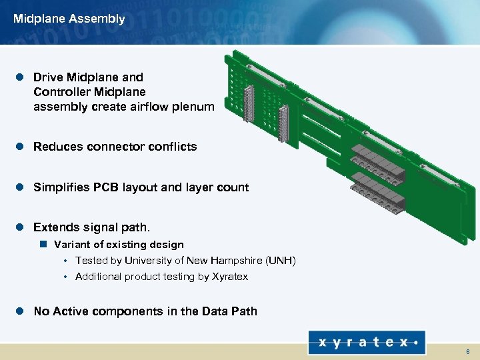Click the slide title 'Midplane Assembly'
pyautogui.click(x=69, y=19)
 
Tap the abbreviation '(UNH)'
pyautogui.click(x=281, y=261)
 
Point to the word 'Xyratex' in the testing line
pyautogui.click(x=229, y=277)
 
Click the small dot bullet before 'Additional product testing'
pyautogui.click(x=66, y=277)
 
